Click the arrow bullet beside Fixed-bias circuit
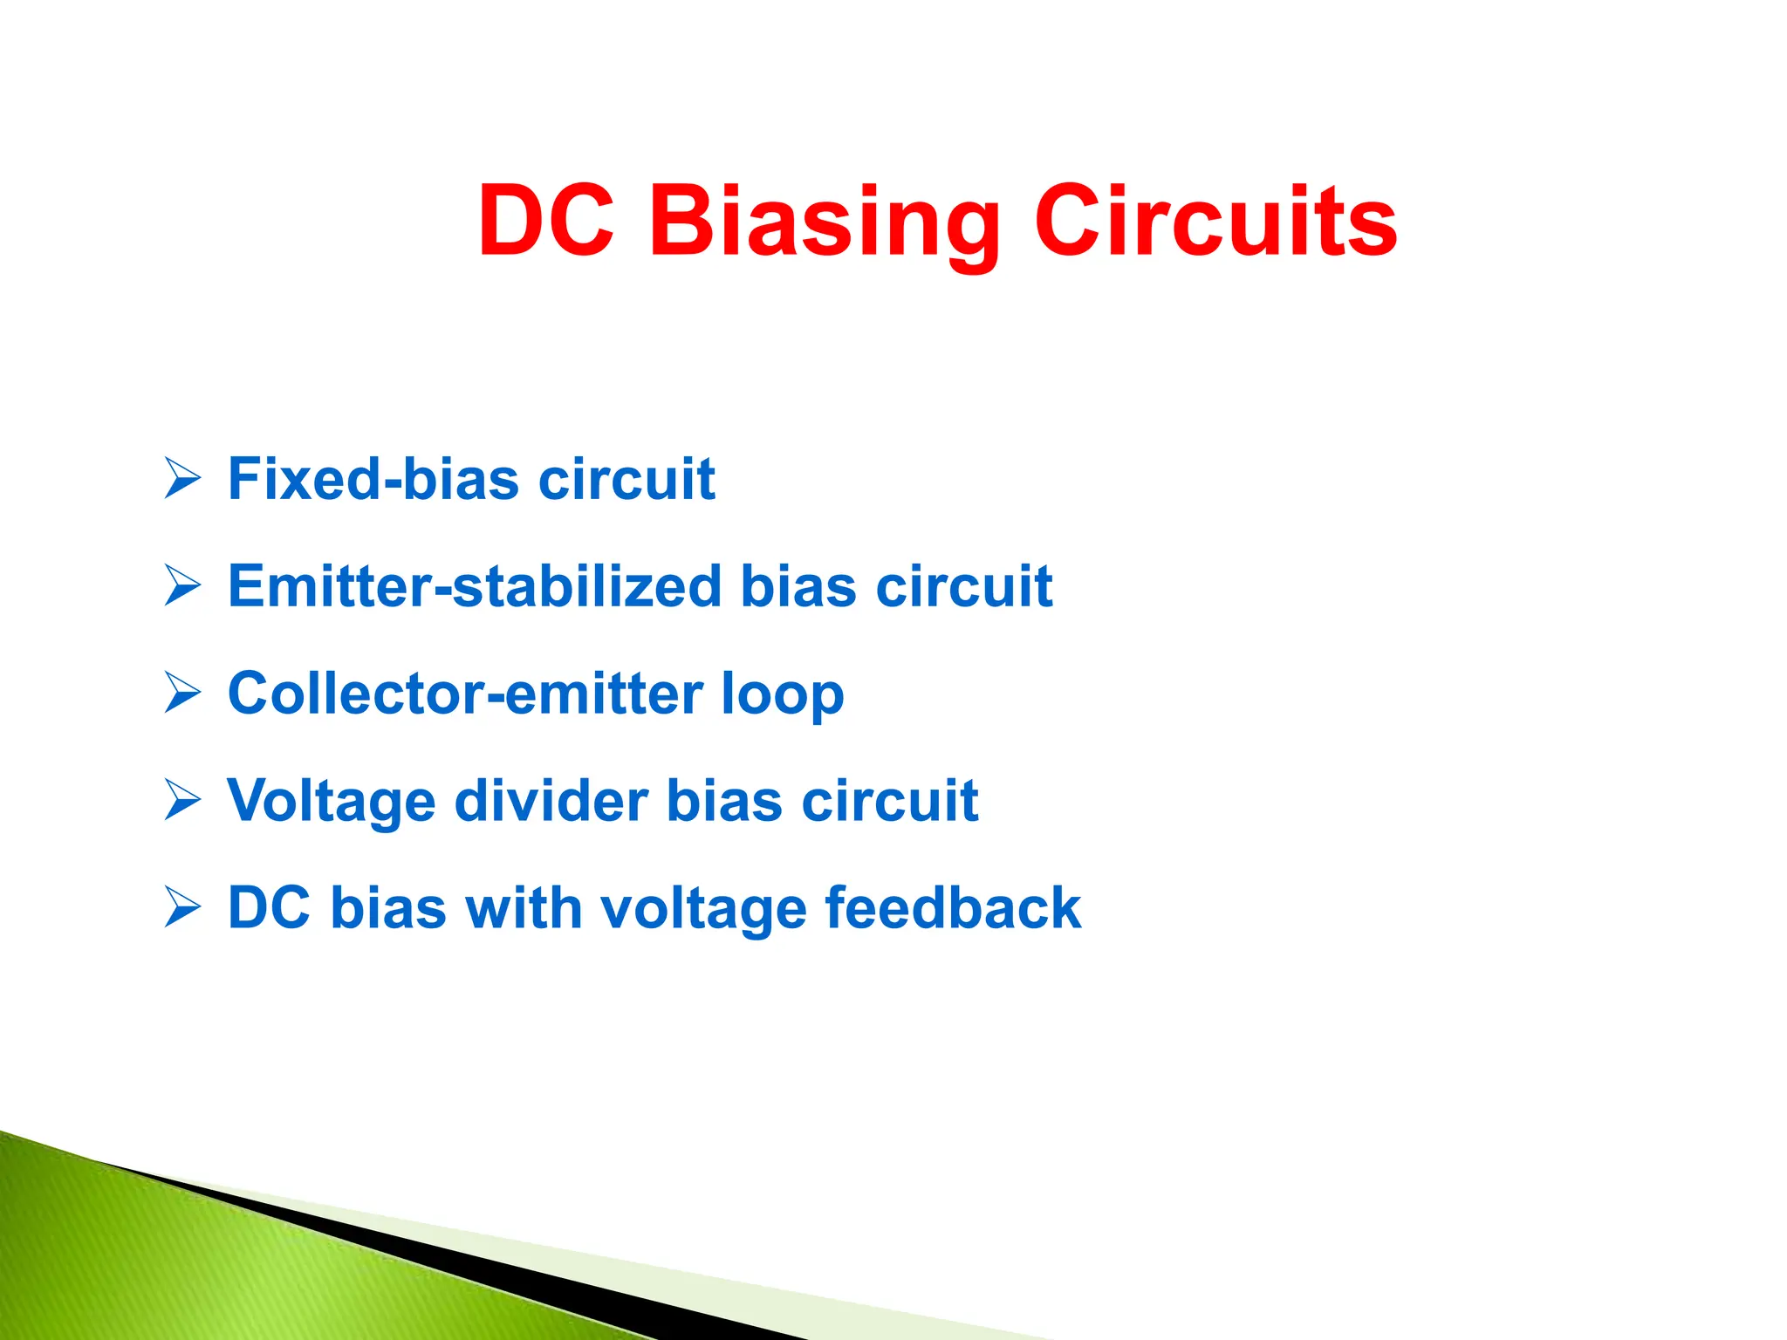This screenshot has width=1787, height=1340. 182,479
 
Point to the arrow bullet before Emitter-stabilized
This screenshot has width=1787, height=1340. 182,585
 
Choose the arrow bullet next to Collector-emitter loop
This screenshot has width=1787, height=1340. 182,694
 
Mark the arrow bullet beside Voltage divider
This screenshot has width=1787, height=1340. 182,801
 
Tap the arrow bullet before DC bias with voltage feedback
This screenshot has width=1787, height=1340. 182,908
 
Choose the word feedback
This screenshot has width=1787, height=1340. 953,908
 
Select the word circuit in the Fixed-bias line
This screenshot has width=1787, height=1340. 626,479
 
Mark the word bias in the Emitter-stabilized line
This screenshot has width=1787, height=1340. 798,585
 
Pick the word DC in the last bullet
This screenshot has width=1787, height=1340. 269,908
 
